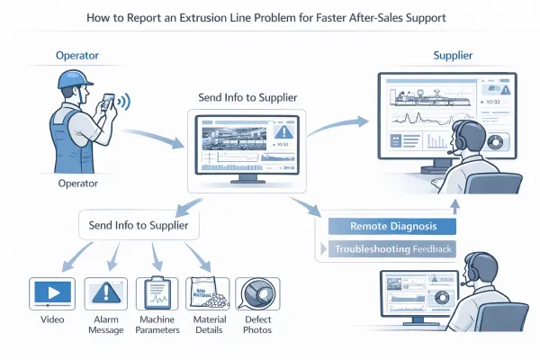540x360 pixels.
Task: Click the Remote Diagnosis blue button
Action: (x=391, y=227)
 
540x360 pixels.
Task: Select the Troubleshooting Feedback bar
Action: (x=391, y=248)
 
